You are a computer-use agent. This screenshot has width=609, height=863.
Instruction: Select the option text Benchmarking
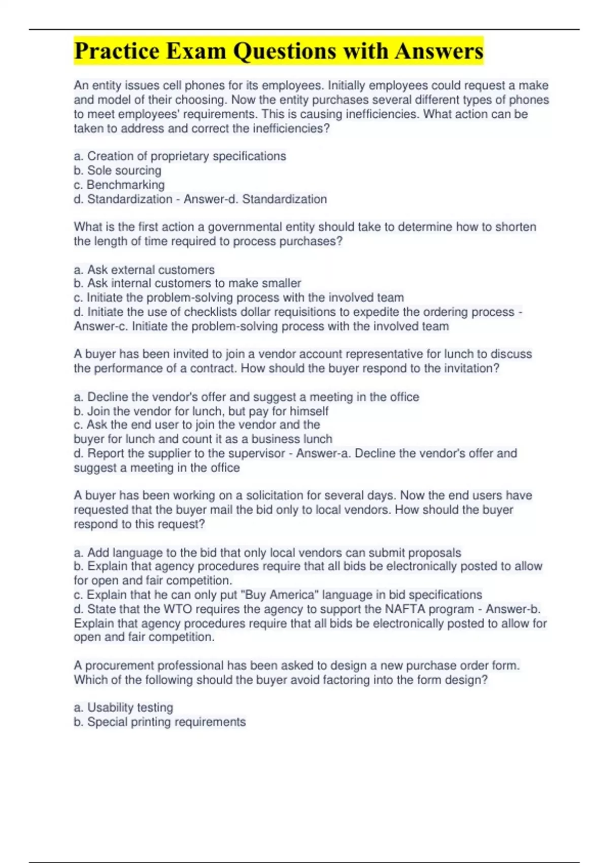pyautogui.click(x=125, y=185)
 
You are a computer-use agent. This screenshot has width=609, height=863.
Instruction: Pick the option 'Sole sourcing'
pyautogui.click(x=124, y=171)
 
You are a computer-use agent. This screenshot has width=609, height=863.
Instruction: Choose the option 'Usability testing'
pyautogui.click(x=130, y=708)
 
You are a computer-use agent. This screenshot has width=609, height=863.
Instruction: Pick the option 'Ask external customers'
pyautogui.click(x=151, y=270)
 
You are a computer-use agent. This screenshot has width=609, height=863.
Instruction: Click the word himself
pyautogui.click(x=309, y=411)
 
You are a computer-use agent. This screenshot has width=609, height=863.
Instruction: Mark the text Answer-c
pyautogui.click(x=101, y=326)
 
